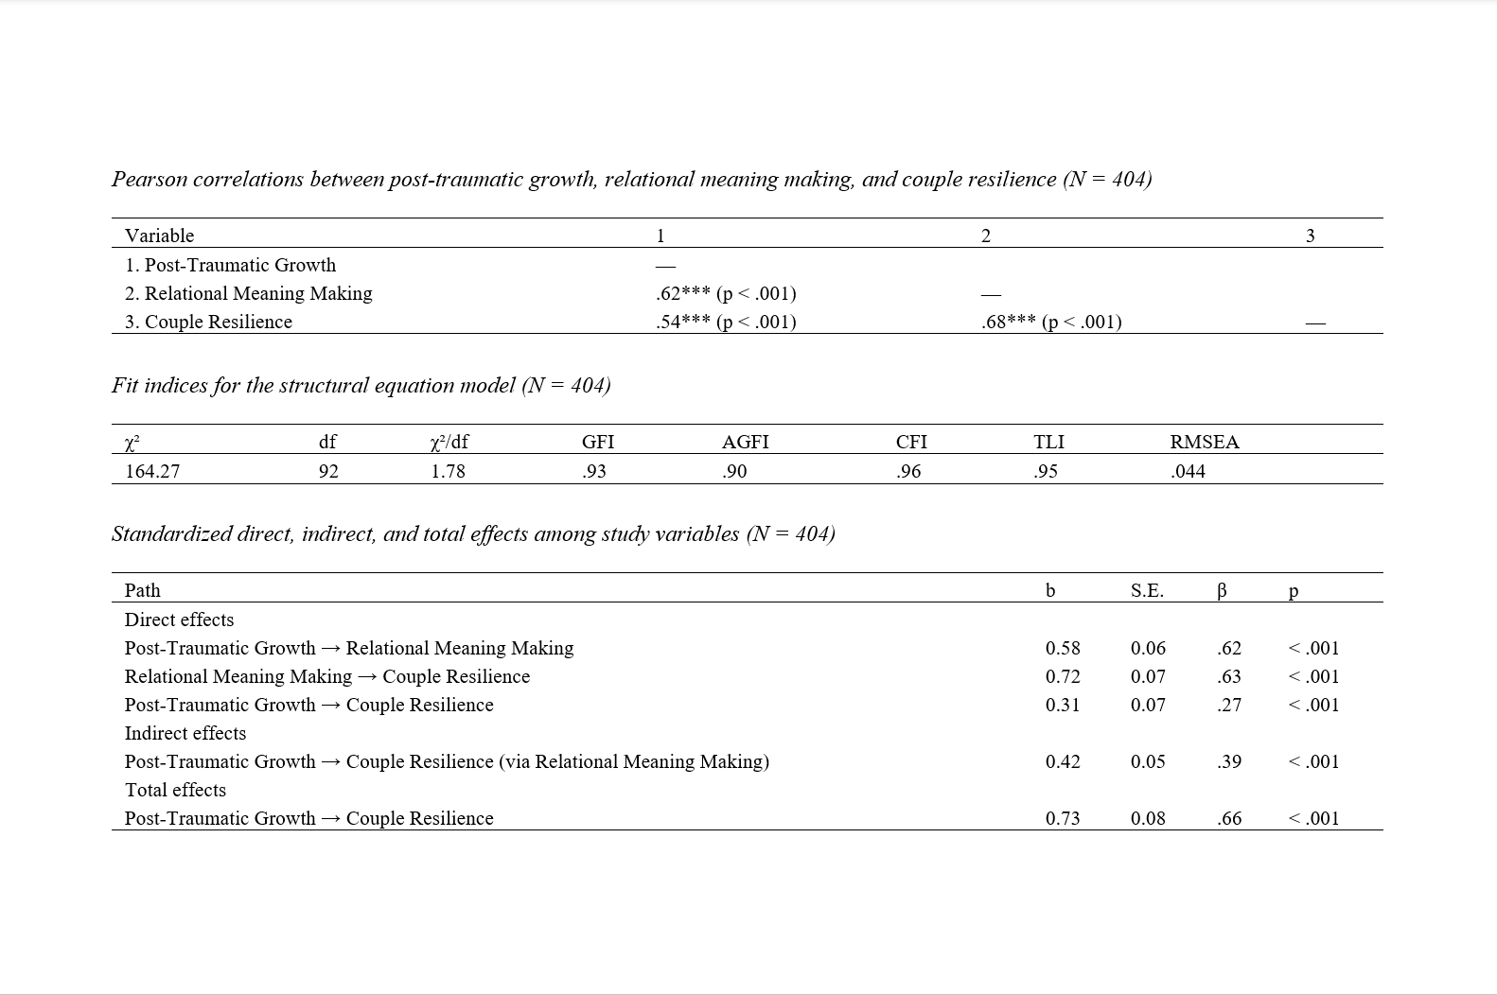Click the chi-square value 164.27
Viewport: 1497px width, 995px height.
coord(152,471)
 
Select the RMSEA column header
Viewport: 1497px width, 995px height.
coord(1204,442)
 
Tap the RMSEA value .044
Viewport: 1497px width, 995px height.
coord(1188,471)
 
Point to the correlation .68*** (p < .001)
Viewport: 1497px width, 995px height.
coord(1051,322)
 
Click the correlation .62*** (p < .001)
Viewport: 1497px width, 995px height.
coord(726,293)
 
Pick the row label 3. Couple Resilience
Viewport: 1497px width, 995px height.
coord(208,322)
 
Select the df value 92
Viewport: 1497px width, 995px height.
coord(328,471)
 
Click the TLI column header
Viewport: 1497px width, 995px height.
coord(1048,442)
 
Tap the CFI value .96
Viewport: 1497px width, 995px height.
coord(908,471)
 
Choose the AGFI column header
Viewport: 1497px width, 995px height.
coord(745,442)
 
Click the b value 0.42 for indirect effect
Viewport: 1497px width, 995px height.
coord(1063,761)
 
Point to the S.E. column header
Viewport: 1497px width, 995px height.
coord(1147,590)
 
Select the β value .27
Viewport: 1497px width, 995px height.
coord(1229,705)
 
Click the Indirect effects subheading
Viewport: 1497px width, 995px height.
coord(185,733)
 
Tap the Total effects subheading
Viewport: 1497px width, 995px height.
coord(175,790)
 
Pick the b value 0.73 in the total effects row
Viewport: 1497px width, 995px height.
coord(1063,818)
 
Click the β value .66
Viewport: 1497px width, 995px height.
coord(1229,818)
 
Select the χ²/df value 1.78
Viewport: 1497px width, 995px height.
coord(448,471)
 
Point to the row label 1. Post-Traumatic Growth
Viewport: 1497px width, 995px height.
coord(230,265)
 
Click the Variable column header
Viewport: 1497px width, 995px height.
coord(159,236)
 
